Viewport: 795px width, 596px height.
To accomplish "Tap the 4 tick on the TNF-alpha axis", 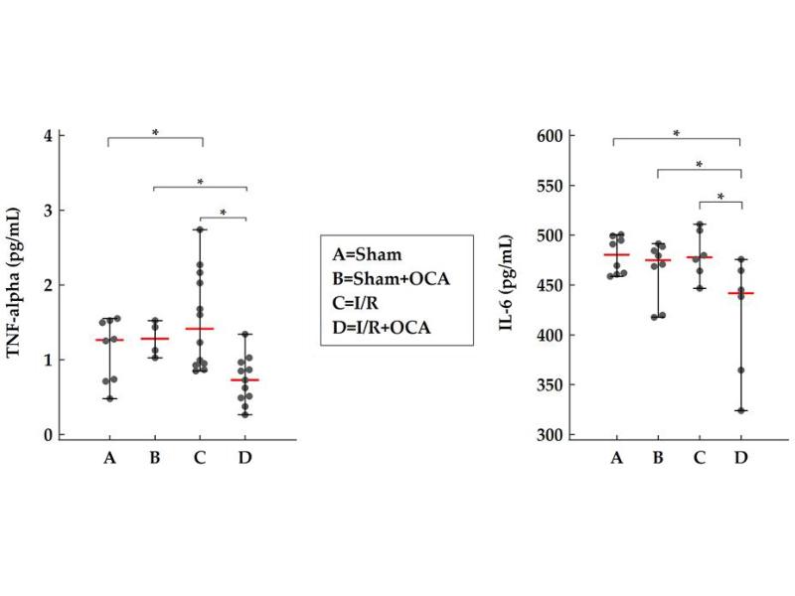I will click(x=47, y=135).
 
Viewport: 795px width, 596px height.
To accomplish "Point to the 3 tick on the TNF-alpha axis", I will click(x=47, y=211).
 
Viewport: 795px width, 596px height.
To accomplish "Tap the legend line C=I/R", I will click(x=358, y=302).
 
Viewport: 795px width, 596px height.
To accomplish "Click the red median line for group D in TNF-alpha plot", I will click(x=244, y=380).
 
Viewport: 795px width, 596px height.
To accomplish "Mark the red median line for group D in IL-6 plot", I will click(x=740, y=293).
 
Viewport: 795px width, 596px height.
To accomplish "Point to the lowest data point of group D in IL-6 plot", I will click(x=740, y=410).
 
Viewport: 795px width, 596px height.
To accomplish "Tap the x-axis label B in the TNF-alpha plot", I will click(x=154, y=458).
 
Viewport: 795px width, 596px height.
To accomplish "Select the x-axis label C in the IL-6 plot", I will click(x=700, y=458).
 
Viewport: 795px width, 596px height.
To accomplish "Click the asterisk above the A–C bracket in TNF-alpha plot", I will click(x=154, y=131).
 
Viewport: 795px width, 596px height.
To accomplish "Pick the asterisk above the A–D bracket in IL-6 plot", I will click(x=677, y=133).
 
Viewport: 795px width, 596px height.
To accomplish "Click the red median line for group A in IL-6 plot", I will click(x=616, y=255).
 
